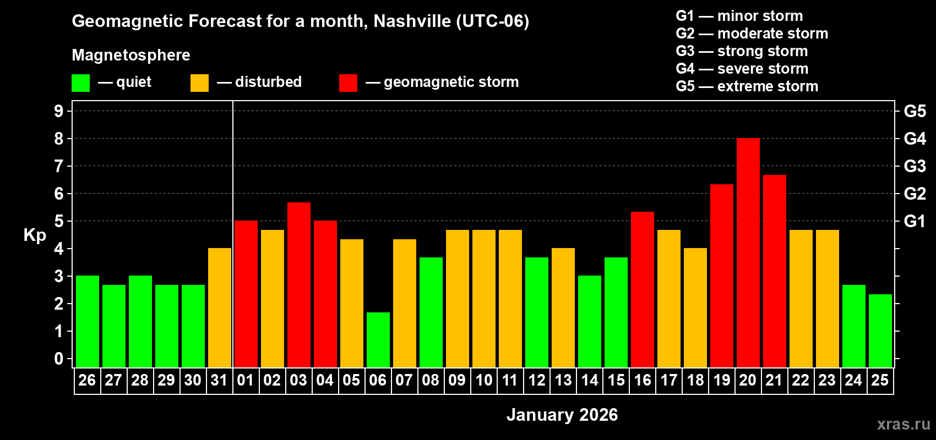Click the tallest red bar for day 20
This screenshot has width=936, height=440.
748,253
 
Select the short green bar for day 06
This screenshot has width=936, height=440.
378,340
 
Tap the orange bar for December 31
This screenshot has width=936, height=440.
220,308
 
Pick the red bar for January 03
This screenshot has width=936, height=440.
299,285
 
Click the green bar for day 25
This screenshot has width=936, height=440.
880,331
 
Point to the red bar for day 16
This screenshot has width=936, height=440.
643,290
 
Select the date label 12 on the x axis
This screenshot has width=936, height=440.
536,380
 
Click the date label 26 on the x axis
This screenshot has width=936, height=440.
87,380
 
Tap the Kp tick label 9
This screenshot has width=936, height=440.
59,111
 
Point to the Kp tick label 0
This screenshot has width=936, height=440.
59,359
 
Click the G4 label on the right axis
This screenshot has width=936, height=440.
915,139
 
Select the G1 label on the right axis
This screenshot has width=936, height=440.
915,221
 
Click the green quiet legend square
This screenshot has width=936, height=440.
80,83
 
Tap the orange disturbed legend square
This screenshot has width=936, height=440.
199,83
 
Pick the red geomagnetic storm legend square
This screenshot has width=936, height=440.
348,83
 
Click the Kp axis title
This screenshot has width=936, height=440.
35,235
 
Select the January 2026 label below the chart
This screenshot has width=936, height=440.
562,415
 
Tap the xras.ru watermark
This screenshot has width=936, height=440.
903,424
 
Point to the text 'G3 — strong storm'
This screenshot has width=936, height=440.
742,51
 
